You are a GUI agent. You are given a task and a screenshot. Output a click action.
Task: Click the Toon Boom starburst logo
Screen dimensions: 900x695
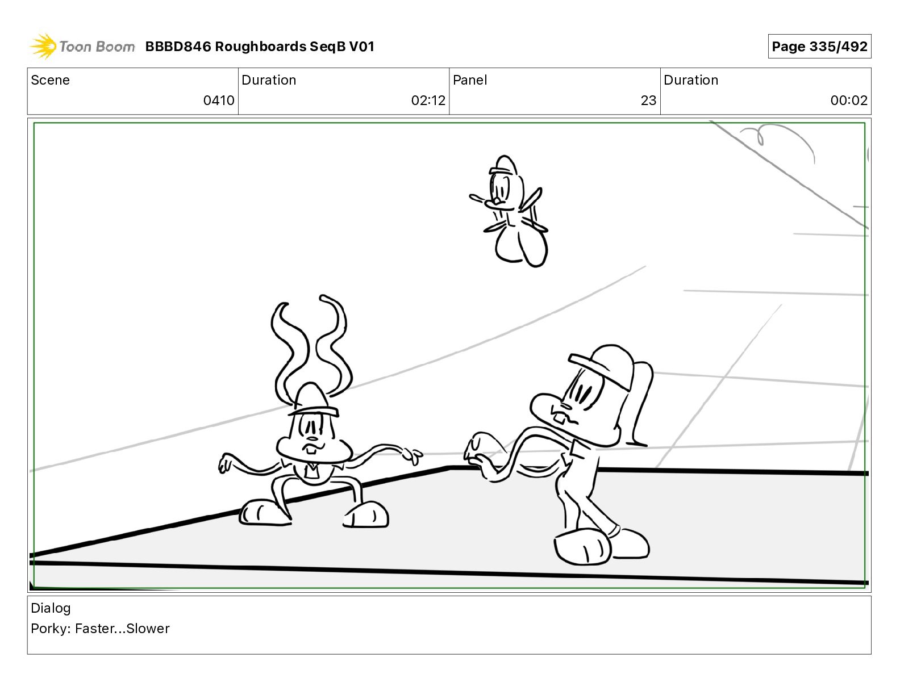click(x=43, y=47)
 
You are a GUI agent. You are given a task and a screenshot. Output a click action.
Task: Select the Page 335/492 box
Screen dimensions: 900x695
click(x=819, y=47)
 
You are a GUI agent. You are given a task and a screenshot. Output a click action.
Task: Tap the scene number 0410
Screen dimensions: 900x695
click(x=219, y=100)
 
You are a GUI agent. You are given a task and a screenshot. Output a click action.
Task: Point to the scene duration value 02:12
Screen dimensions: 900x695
click(x=428, y=100)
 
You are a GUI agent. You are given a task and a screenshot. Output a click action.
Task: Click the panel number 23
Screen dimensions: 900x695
click(x=648, y=100)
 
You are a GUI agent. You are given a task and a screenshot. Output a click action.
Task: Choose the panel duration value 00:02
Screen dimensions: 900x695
click(x=849, y=100)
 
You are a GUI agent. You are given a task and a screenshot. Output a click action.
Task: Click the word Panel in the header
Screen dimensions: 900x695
click(x=470, y=80)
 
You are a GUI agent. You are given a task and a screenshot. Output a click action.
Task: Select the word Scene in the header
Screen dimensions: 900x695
click(x=50, y=80)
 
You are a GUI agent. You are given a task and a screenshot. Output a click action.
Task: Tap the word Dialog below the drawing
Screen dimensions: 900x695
click(x=51, y=608)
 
